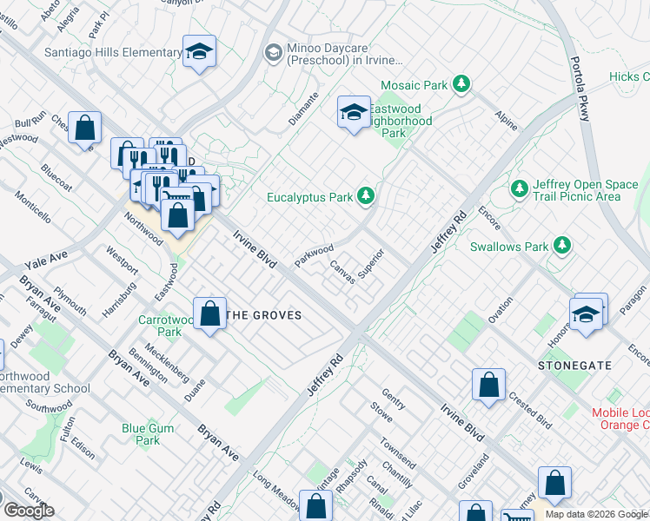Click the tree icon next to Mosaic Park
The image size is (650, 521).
463,85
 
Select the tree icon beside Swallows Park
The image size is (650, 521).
563,247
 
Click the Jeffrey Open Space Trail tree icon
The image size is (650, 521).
520,188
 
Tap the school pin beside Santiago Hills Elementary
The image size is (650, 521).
199,52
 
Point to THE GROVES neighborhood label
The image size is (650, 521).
264,315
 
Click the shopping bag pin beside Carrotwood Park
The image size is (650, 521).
210,313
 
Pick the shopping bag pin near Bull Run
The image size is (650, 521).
84,129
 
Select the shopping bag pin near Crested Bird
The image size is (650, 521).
488,384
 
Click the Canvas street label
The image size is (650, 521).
342,273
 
